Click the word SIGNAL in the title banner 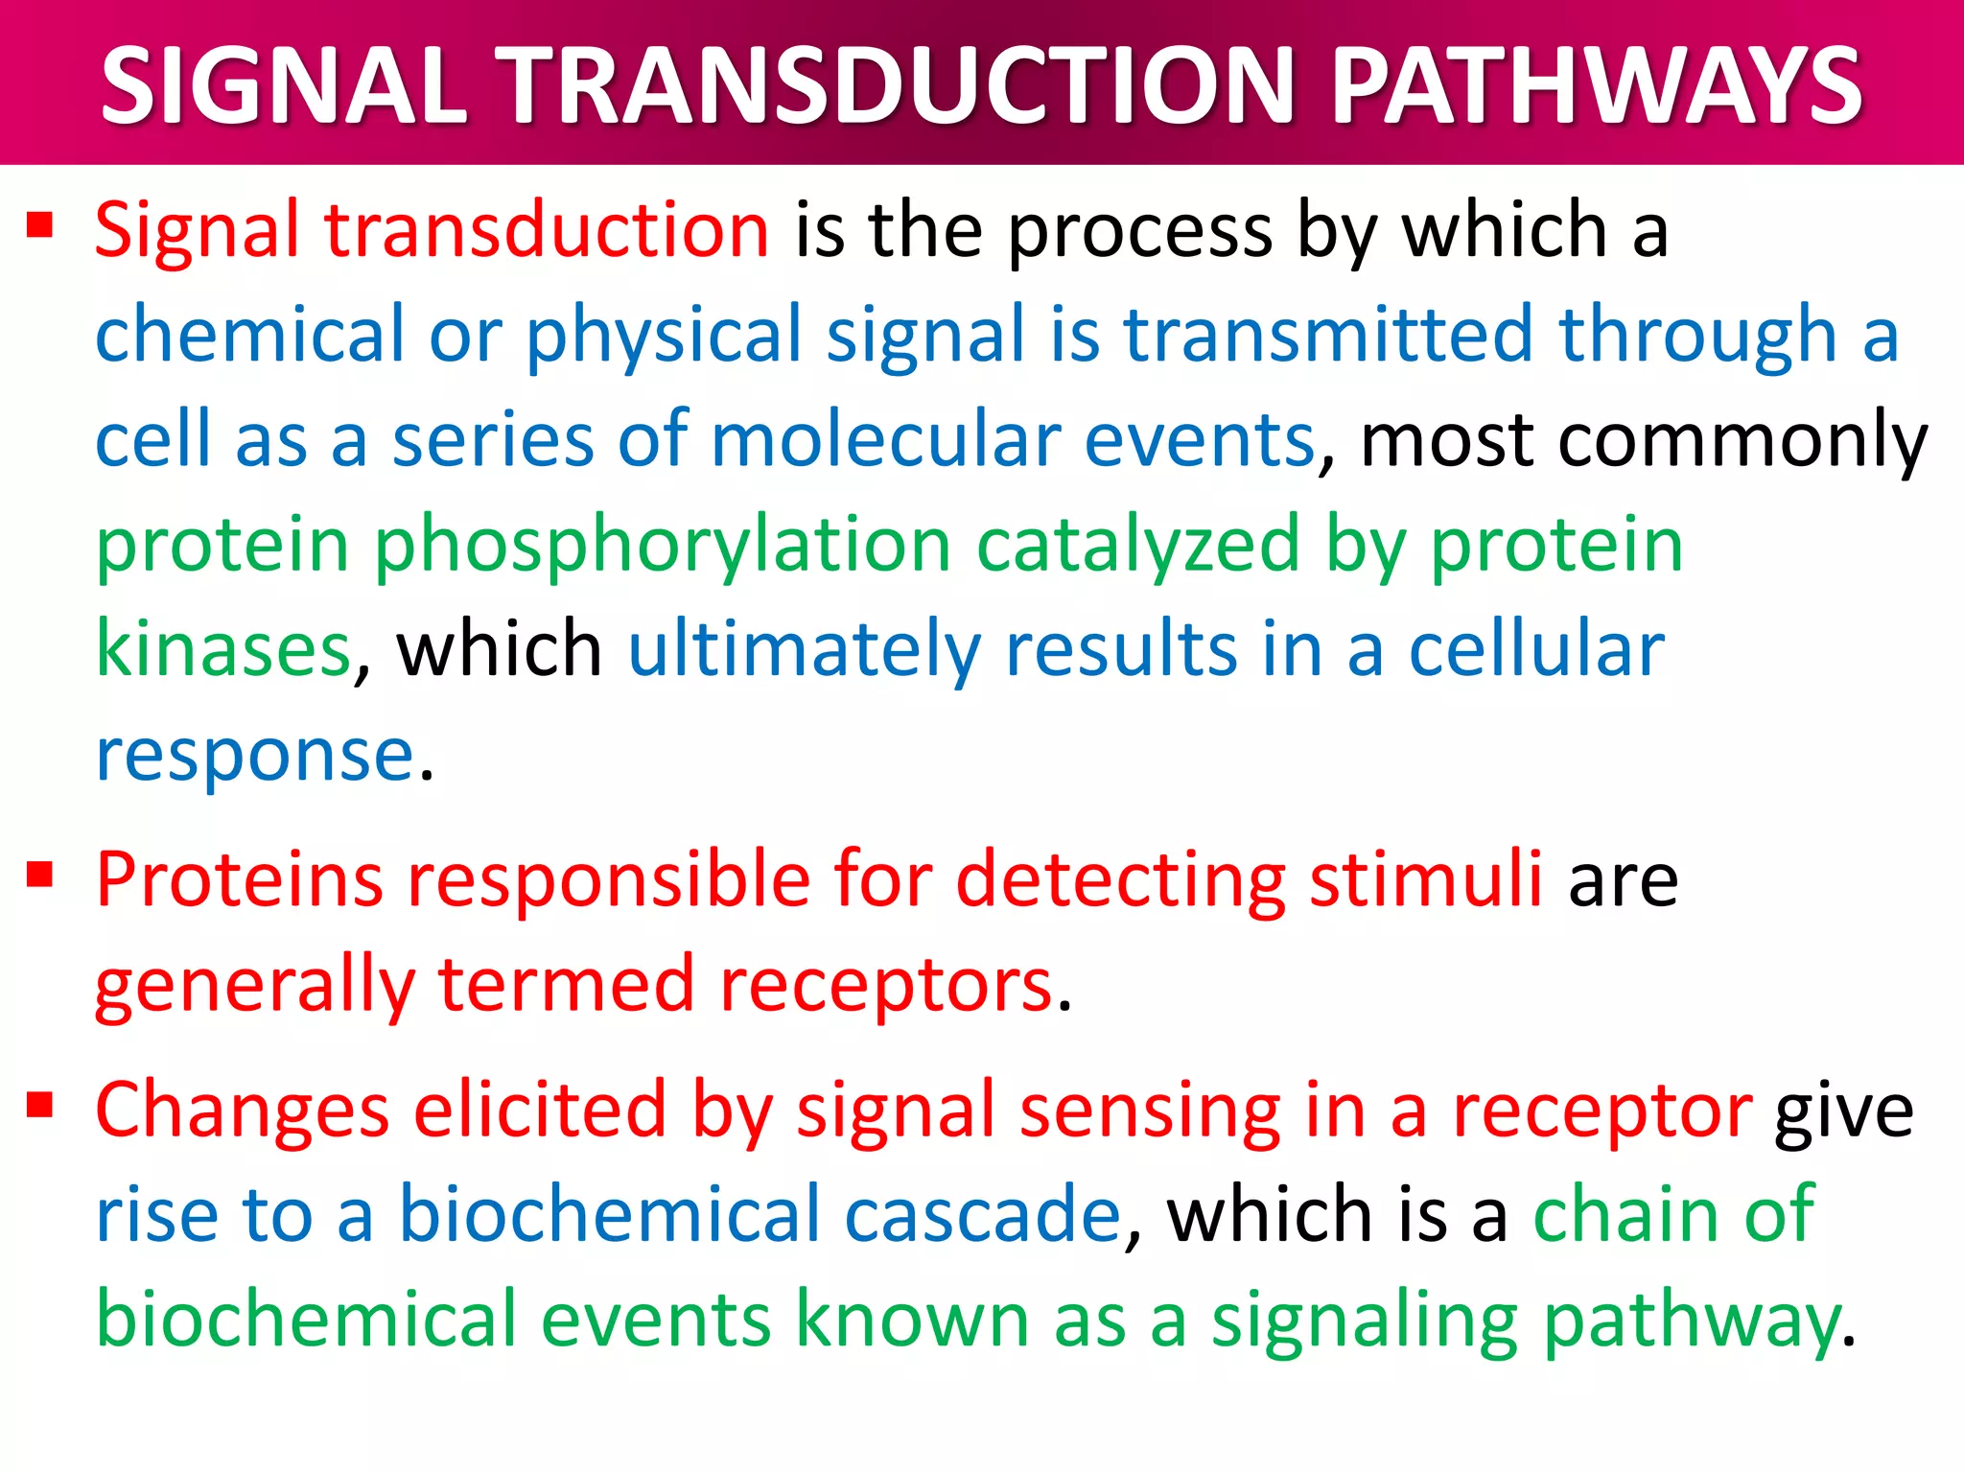tap(283, 86)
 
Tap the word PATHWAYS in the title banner tap(1597, 86)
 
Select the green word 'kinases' tap(223, 650)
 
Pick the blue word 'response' tap(255, 756)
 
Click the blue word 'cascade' tap(982, 1214)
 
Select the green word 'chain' tap(1625, 1214)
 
